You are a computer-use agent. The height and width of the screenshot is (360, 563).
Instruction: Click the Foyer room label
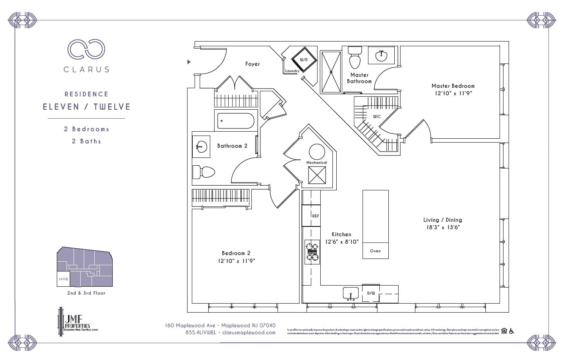[x=252, y=64]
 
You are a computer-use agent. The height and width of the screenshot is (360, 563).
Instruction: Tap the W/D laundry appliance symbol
[x=303, y=60]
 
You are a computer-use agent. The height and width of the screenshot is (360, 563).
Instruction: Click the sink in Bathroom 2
[x=201, y=147]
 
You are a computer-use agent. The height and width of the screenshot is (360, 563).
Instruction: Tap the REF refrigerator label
[x=315, y=216]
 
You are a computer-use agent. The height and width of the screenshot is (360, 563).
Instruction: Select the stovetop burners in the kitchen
[x=312, y=252]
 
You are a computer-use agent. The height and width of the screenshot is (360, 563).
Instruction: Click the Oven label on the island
[x=375, y=251]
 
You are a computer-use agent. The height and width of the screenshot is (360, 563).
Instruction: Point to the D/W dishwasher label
[x=370, y=293]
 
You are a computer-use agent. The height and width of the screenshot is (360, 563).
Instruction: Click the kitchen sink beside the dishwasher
[x=351, y=293]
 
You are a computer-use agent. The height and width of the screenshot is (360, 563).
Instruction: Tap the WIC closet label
[x=377, y=116]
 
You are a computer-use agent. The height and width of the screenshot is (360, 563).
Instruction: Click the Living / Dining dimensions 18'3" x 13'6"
[x=443, y=227]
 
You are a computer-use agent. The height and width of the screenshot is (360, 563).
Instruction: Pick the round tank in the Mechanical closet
[x=317, y=152]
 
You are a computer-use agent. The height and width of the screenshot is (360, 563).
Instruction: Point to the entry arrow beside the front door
[x=189, y=62]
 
